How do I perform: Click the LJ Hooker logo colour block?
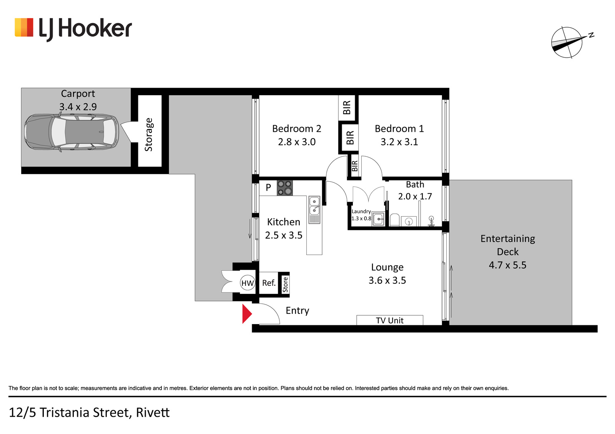click(24, 27)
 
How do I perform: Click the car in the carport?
click(71, 133)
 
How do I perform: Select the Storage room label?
click(148, 134)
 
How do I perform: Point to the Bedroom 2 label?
click(296, 129)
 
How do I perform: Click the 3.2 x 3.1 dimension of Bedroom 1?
click(399, 142)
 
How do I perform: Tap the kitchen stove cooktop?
click(285, 188)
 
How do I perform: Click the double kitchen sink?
click(314, 210)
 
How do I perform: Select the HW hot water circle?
click(248, 283)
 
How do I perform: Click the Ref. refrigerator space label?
click(269, 283)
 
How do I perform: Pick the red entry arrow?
click(247, 314)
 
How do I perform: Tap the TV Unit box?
click(390, 320)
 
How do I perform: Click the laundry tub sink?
click(378, 219)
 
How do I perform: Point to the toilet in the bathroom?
click(394, 220)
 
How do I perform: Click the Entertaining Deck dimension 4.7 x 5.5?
click(508, 265)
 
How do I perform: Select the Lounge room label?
click(387, 267)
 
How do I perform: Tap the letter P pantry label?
click(268, 187)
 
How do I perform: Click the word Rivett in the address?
click(153, 412)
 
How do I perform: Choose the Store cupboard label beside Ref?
click(286, 285)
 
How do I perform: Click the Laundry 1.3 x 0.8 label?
click(361, 215)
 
